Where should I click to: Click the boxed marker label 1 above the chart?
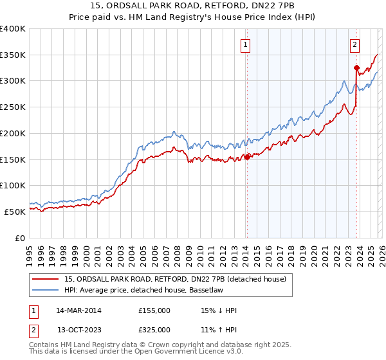pos(246,45)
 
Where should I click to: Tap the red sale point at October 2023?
pos(356,67)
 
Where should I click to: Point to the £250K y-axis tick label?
pos(14,107)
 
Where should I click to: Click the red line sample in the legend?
pos(46,278)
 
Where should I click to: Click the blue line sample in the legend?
pos(46,290)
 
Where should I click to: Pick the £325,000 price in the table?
pos(154,330)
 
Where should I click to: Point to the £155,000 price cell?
pos(154,310)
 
